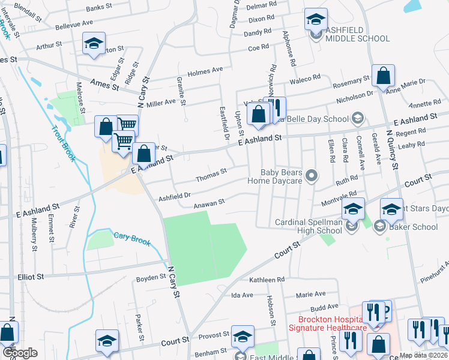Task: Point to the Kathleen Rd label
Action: pos(267,280)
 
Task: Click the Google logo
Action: pos(20,353)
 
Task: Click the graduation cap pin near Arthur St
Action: pos(94,44)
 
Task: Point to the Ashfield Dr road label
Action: pos(174,196)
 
